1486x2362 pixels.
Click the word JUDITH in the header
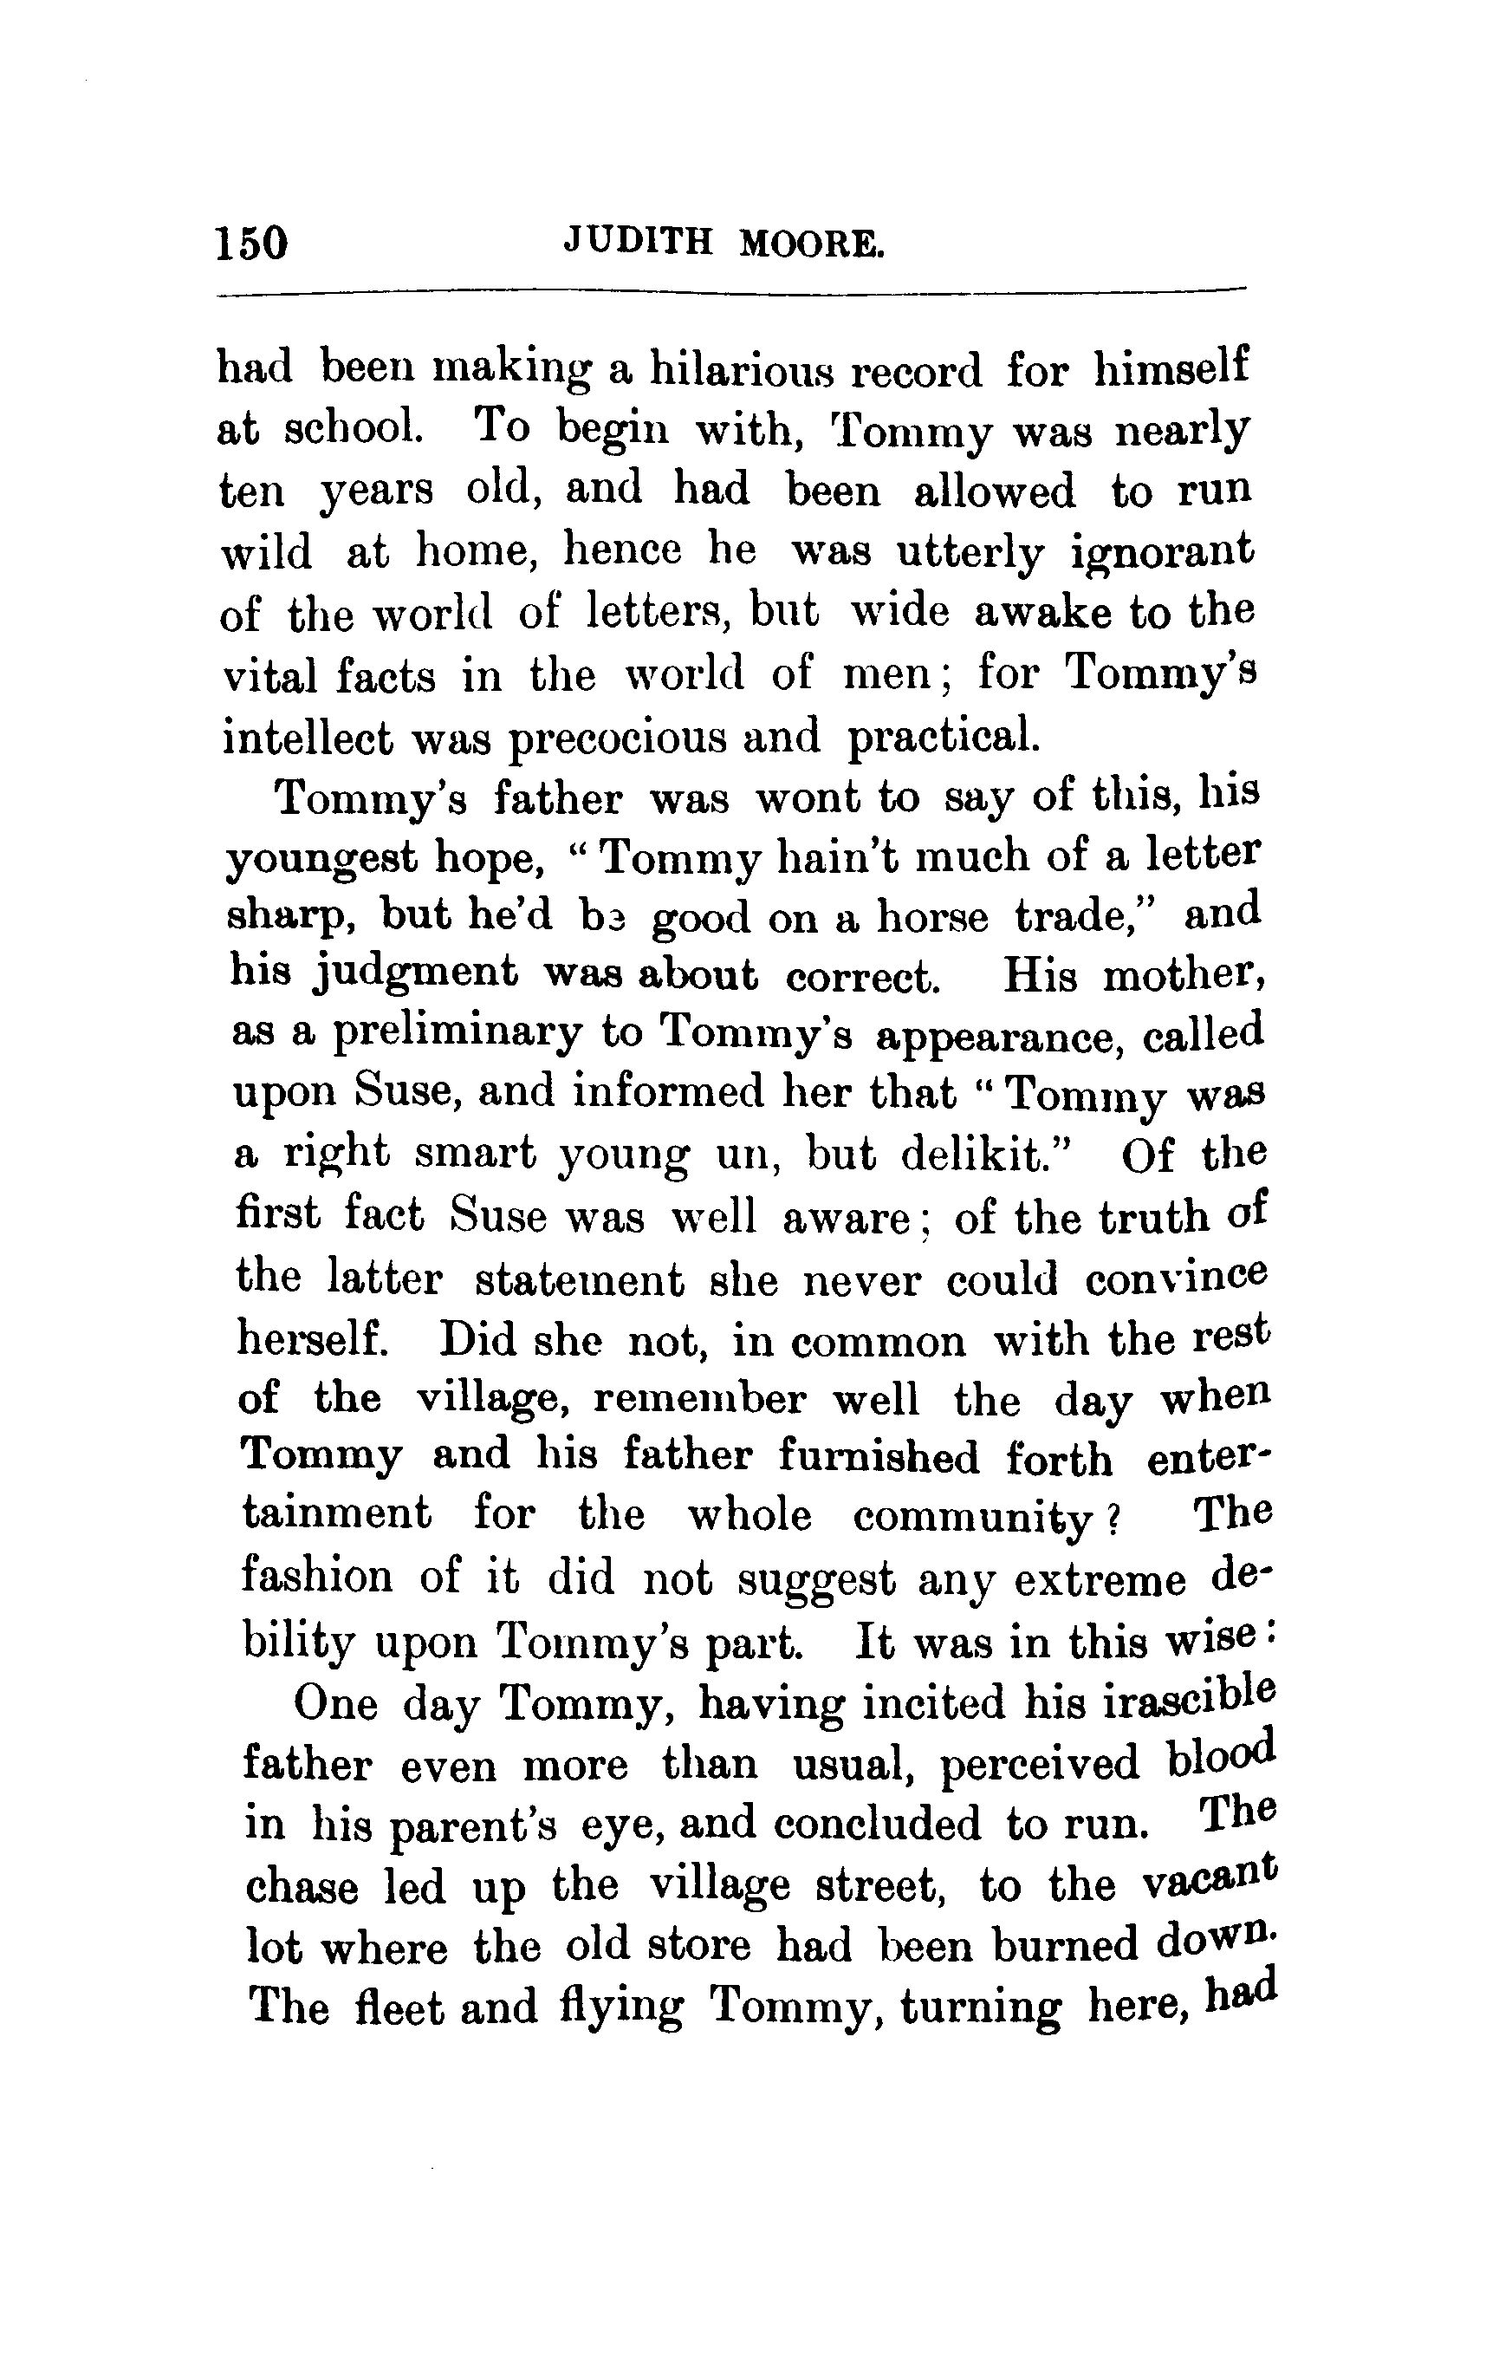pyautogui.click(x=638, y=241)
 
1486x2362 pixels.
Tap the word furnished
pyautogui.click(x=879, y=1458)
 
